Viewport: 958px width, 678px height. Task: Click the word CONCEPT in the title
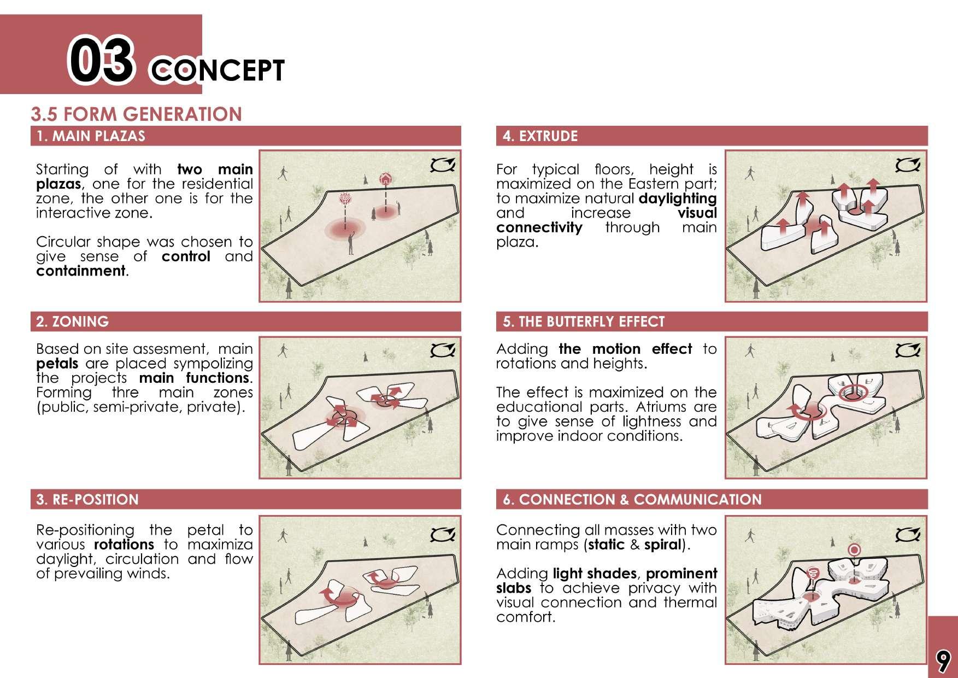[x=217, y=71]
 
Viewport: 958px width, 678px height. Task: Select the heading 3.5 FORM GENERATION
[x=137, y=114]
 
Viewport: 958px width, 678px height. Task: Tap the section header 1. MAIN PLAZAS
[x=91, y=136]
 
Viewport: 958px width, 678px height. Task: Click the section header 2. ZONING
[x=72, y=322]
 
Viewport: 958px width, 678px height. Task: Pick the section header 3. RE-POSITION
[x=87, y=499]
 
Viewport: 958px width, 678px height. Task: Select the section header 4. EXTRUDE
[x=540, y=136]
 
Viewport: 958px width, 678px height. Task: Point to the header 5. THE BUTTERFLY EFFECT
[x=584, y=322]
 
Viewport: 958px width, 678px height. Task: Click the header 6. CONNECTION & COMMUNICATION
[x=632, y=499]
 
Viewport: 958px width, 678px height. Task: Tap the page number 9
[x=943, y=661]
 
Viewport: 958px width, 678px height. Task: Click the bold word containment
[x=81, y=271]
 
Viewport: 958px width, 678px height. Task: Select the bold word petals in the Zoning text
[x=57, y=364]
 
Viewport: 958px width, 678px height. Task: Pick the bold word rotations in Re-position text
[x=124, y=545]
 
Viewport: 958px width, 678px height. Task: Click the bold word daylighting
[x=678, y=199]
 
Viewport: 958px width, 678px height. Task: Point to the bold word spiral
[x=663, y=545]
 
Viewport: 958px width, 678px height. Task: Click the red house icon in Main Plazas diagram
[x=386, y=178]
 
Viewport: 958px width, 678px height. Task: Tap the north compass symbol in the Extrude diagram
[x=908, y=165]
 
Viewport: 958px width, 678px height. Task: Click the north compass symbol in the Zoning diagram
[x=442, y=350]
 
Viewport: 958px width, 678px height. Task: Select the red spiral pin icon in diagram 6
[x=814, y=573]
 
